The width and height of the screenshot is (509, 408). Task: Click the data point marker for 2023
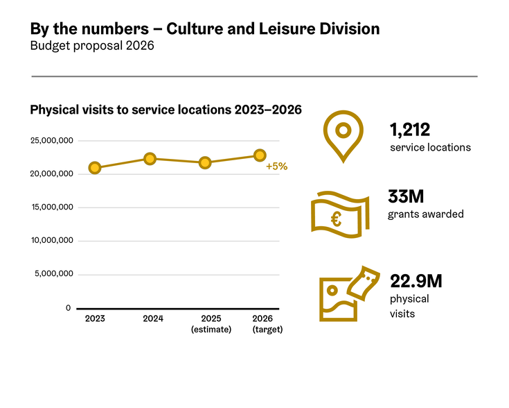point(95,167)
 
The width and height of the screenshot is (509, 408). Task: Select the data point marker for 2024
point(150,159)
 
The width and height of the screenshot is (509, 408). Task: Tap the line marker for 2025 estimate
point(205,163)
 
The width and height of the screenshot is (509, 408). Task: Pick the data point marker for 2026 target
point(260,155)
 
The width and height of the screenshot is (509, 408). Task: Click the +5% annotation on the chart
point(276,167)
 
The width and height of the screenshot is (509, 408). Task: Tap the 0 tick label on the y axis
point(68,308)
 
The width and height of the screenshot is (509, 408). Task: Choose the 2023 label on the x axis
point(95,318)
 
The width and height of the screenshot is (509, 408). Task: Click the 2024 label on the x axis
point(153,318)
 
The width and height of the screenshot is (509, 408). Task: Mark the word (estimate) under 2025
point(211,330)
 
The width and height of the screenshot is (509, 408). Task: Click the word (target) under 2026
point(267,330)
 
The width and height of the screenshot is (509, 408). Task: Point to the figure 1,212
point(410,130)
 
